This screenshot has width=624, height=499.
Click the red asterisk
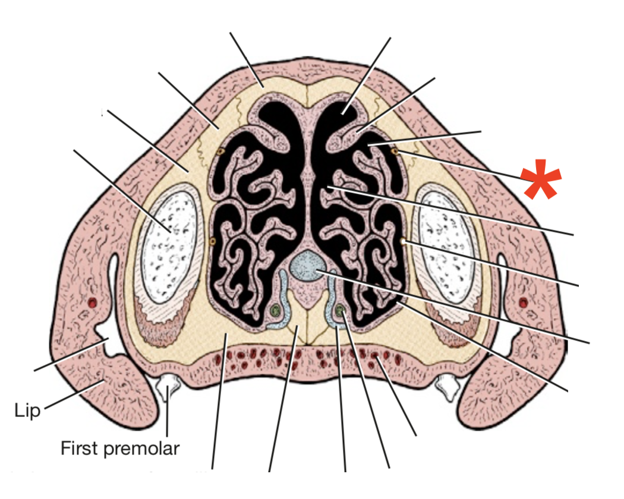540,179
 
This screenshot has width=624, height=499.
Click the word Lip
27,410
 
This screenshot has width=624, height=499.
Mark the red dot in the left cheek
92,303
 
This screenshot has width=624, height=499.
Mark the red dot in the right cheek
523,303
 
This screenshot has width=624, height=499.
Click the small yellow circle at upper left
220,151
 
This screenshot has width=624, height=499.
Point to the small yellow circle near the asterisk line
395,152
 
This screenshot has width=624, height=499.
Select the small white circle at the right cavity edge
404,242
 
